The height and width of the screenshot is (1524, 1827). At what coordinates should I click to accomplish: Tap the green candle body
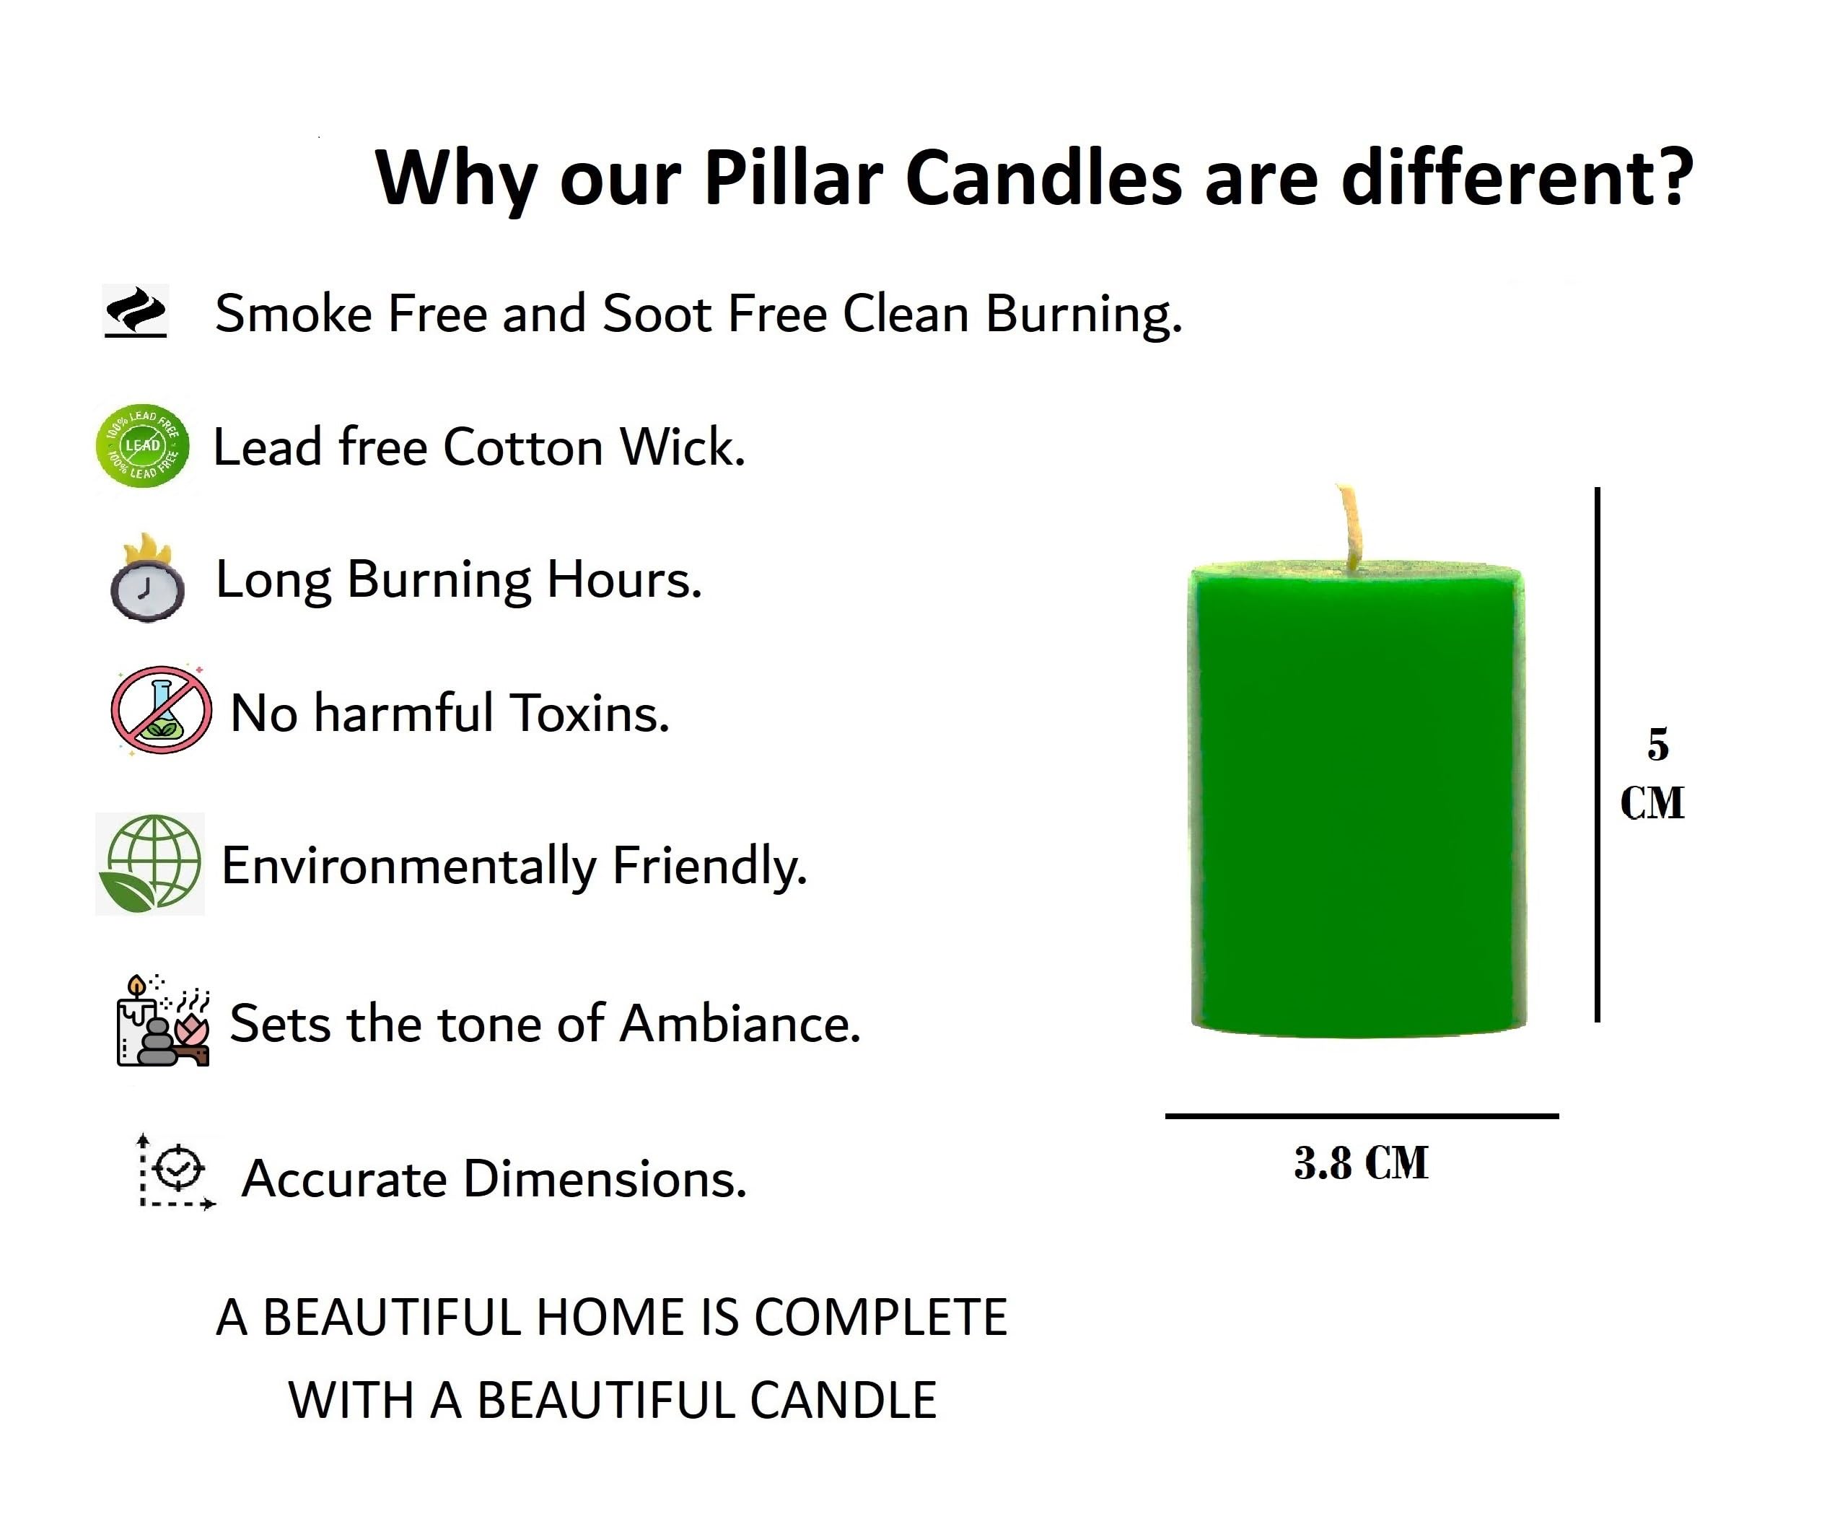[1358, 800]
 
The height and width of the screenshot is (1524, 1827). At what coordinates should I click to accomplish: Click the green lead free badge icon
[143, 445]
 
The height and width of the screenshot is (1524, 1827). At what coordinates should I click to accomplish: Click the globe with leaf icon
[149, 864]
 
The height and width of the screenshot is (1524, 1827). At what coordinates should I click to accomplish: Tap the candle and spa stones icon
[162, 1020]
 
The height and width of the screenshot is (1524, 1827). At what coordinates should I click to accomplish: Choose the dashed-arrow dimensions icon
[177, 1171]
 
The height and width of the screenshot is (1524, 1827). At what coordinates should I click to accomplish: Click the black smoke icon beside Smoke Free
[136, 312]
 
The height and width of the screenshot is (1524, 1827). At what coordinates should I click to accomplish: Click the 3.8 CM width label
[1361, 1163]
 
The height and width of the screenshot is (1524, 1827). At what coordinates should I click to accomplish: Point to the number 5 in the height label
[1657, 745]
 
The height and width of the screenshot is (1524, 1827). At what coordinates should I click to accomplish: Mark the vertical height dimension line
[1598, 754]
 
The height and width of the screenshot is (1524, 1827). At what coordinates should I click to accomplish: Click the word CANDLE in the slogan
[842, 1400]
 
